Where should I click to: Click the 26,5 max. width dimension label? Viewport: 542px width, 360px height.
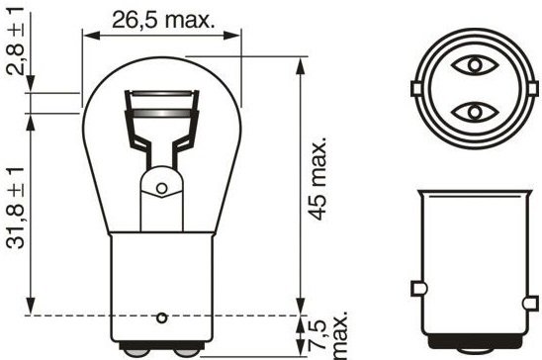[163, 20]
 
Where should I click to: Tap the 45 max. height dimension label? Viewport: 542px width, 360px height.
[317, 179]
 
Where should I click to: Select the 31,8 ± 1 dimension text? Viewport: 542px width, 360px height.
[16, 208]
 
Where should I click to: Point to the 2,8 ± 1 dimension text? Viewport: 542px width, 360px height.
[16, 41]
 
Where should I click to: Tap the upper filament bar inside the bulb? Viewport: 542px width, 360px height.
[161, 94]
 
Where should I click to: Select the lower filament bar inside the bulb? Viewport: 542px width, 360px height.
[161, 113]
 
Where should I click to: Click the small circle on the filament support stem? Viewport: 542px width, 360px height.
[161, 188]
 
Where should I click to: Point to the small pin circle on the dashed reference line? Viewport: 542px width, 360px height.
[162, 317]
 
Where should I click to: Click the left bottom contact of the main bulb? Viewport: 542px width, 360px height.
[136, 352]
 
